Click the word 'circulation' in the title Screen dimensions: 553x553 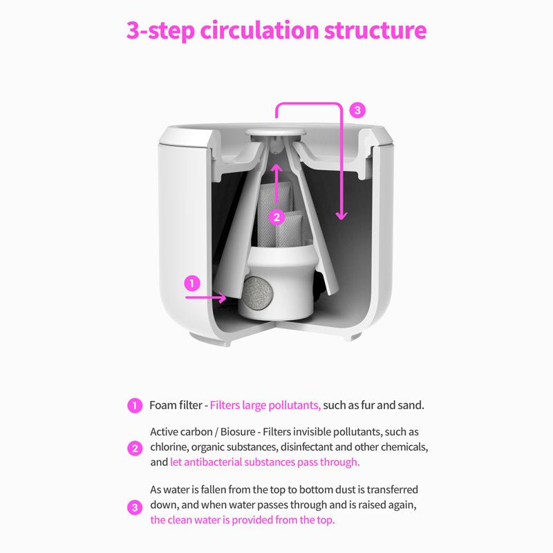coord(260,30)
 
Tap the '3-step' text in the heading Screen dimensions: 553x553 coord(160,30)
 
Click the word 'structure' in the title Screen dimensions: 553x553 coord(375,30)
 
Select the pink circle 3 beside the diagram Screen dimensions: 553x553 coord(357,111)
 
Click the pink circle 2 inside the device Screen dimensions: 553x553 coord(276,217)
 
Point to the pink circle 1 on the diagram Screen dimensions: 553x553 coord(192,283)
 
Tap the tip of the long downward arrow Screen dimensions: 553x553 coord(341,220)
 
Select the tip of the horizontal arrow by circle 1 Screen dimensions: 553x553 coord(226,298)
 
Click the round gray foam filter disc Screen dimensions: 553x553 coord(259,291)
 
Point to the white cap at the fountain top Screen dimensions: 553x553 coord(276,133)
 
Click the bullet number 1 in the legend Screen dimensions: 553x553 coord(135,406)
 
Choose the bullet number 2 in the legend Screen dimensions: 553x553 coord(135,449)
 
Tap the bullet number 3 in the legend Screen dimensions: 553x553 coord(135,508)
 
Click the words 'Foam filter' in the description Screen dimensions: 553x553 coord(176,405)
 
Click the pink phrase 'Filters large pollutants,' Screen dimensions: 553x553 coord(265,405)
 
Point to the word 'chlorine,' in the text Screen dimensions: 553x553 coord(169,447)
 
